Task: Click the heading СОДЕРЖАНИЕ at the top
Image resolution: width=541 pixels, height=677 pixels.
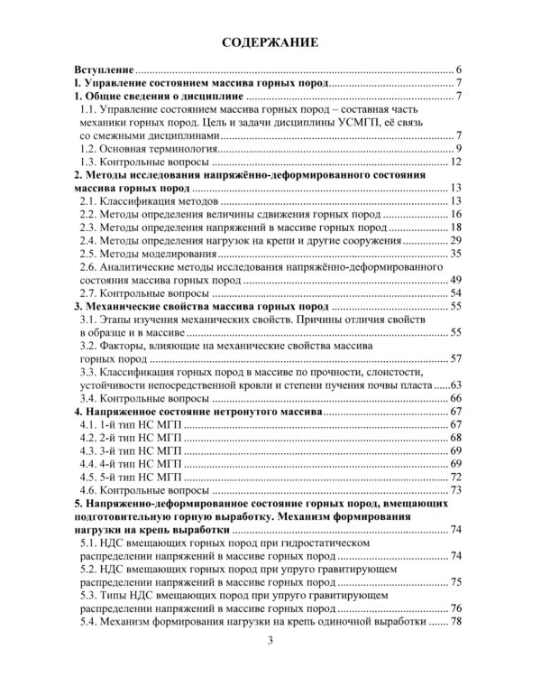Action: click(270, 42)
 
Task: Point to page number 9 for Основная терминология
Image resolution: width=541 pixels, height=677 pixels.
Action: click(458, 148)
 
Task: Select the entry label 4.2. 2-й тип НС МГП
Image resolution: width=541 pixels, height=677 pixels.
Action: click(131, 438)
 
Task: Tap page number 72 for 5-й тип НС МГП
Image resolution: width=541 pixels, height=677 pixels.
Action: click(455, 477)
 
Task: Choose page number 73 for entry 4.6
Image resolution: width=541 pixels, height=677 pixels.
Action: click(455, 490)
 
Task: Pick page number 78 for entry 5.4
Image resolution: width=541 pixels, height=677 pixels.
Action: click(455, 622)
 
